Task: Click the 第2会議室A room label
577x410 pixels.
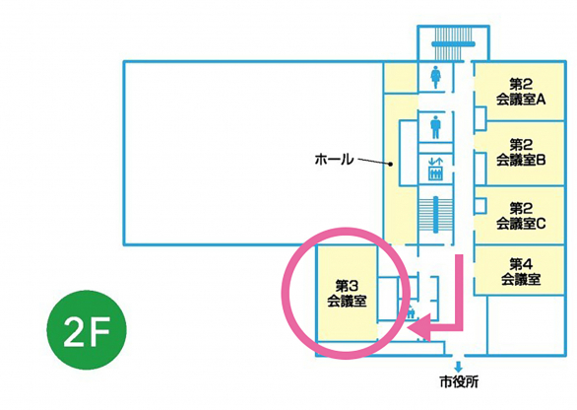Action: [521, 92]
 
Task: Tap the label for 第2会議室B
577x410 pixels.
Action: [521, 153]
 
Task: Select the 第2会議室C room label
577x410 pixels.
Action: [521, 216]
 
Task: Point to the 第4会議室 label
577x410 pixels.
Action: [521, 272]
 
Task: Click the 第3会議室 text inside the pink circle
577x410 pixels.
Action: [347, 294]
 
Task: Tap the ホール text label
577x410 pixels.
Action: [334, 160]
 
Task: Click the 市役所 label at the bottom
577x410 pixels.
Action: [459, 382]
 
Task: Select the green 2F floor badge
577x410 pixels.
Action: [87, 330]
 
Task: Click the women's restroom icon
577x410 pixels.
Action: [435, 77]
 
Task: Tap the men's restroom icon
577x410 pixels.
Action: [435, 127]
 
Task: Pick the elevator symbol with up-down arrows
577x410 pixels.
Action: [435, 170]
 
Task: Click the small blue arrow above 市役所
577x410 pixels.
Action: [459, 367]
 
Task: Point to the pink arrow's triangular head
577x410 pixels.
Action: [418, 327]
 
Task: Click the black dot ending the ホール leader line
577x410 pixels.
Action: [391, 164]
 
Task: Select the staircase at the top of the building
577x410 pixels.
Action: [453, 44]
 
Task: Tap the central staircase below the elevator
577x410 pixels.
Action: [435, 215]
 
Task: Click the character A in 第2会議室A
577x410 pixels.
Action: [541, 100]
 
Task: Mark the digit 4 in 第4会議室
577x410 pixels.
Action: [528, 264]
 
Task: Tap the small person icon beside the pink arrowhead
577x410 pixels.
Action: [411, 313]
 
